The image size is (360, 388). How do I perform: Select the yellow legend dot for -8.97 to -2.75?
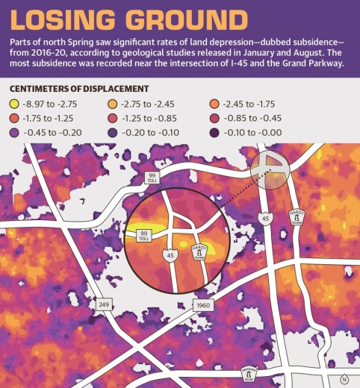pos(13,103)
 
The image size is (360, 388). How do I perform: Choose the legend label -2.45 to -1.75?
pos(276,103)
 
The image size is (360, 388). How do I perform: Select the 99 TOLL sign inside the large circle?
pos(144,235)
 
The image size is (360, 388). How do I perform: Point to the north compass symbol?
pos(344,378)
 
